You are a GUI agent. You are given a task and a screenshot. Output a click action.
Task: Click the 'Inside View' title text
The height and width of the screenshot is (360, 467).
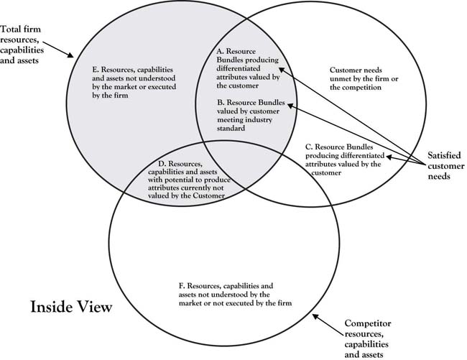coord(71,307)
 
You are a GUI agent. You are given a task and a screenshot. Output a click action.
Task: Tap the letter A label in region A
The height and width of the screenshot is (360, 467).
coord(221,52)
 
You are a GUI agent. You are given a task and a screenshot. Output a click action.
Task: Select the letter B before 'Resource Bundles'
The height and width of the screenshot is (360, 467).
coord(221,103)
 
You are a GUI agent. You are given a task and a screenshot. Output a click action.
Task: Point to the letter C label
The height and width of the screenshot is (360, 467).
coord(309,147)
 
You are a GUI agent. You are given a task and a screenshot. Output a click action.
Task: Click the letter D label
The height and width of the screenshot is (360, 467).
coord(162,164)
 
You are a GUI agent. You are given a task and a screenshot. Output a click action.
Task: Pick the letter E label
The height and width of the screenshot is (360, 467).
coord(96,70)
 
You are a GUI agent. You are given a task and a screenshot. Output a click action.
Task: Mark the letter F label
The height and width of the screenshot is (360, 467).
coord(182,286)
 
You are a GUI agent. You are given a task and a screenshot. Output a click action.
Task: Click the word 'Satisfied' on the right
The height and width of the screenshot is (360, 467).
coord(444,155)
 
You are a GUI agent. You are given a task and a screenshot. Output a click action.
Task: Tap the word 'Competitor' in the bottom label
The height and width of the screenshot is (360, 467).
coord(368,323)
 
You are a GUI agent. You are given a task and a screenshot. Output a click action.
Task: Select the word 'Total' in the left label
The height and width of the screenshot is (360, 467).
coord(10,29)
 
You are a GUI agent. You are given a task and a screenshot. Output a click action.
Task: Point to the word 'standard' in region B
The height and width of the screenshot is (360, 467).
coord(231,129)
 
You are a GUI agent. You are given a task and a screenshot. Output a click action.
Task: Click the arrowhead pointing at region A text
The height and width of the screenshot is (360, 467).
coord(282,70)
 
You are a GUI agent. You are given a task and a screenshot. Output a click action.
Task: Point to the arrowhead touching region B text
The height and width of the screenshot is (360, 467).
coord(291,106)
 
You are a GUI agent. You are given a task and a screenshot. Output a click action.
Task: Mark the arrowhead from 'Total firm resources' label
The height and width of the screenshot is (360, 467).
coord(70,55)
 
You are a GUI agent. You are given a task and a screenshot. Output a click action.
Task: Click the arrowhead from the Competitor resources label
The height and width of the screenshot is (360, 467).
coord(315,317)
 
